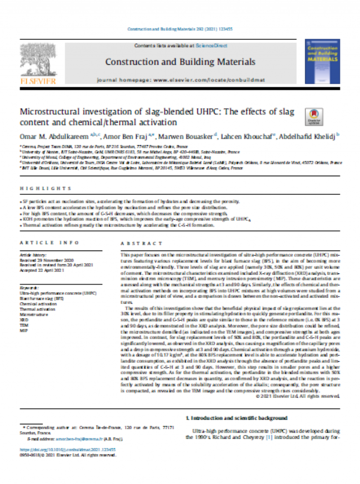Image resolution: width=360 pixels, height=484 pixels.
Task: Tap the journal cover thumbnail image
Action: (x=323, y=61)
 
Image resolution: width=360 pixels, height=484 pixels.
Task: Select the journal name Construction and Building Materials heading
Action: (x=180, y=62)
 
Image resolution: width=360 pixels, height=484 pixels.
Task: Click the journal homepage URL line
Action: (x=180, y=79)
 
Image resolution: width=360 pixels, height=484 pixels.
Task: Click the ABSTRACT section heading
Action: (x=141, y=243)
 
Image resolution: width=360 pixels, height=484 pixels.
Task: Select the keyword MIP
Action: (x=23, y=331)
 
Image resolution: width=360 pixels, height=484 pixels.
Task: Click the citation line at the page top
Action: (x=180, y=29)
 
